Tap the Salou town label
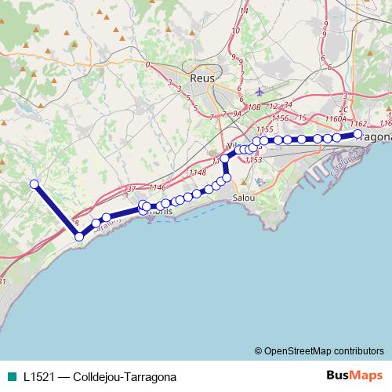[243, 199]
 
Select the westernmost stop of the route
[34, 184]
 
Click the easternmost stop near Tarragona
[358, 135]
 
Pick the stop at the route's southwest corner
[78, 236]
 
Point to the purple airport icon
[260, 91]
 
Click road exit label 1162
[358, 123]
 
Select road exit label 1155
[264, 129]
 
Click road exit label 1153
[253, 159]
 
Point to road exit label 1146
[158, 187]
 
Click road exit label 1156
[280, 118]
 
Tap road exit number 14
[245, 11]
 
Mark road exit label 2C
[343, 111]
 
